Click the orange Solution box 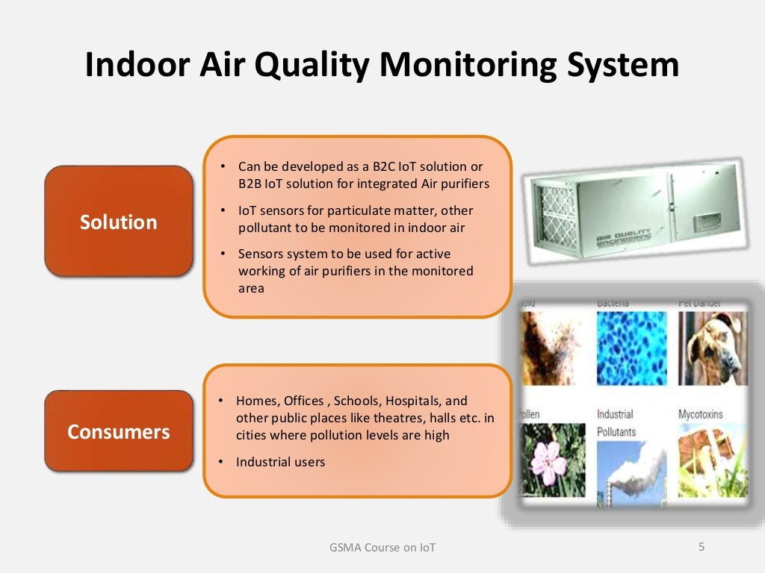pyautogui.click(x=119, y=222)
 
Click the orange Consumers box pyautogui.click(x=119, y=431)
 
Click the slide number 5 pyautogui.click(x=701, y=547)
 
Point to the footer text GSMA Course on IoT pyautogui.click(x=382, y=548)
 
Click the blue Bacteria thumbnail pyautogui.click(x=631, y=347)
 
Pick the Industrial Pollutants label pyautogui.click(x=616, y=423)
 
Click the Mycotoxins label pyautogui.click(x=700, y=414)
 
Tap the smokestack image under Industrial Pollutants pyautogui.click(x=631, y=470)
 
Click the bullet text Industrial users pyautogui.click(x=280, y=462)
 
